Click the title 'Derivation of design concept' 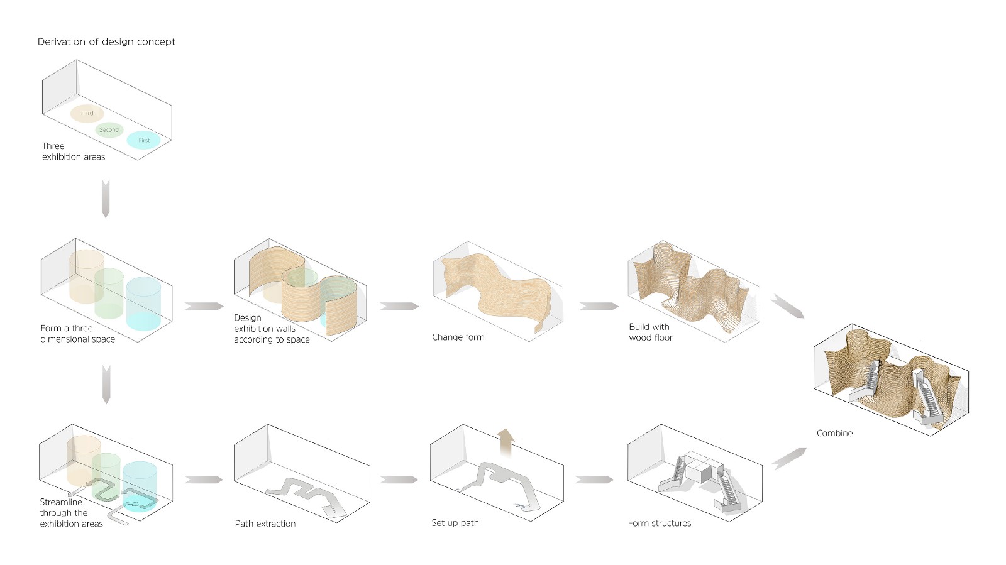[106, 41]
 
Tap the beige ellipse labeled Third [87, 113]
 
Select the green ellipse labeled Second [109, 129]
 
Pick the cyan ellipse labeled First [143, 140]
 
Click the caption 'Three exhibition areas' [73, 151]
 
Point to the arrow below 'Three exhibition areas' [106, 199]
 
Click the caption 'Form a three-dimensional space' [78, 334]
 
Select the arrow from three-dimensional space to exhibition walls [204, 306]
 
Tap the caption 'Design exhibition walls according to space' [272, 329]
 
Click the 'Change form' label [458, 337]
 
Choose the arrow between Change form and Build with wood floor [599, 306]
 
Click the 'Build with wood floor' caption [650, 332]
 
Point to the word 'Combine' [834, 433]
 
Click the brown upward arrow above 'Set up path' [506, 442]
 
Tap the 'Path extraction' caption [265, 524]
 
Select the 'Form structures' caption [660, 524]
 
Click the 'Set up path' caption [455, 523]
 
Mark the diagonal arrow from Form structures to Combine [788, 459]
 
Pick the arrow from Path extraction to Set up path [399, 480]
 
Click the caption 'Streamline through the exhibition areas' [72, 512]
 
